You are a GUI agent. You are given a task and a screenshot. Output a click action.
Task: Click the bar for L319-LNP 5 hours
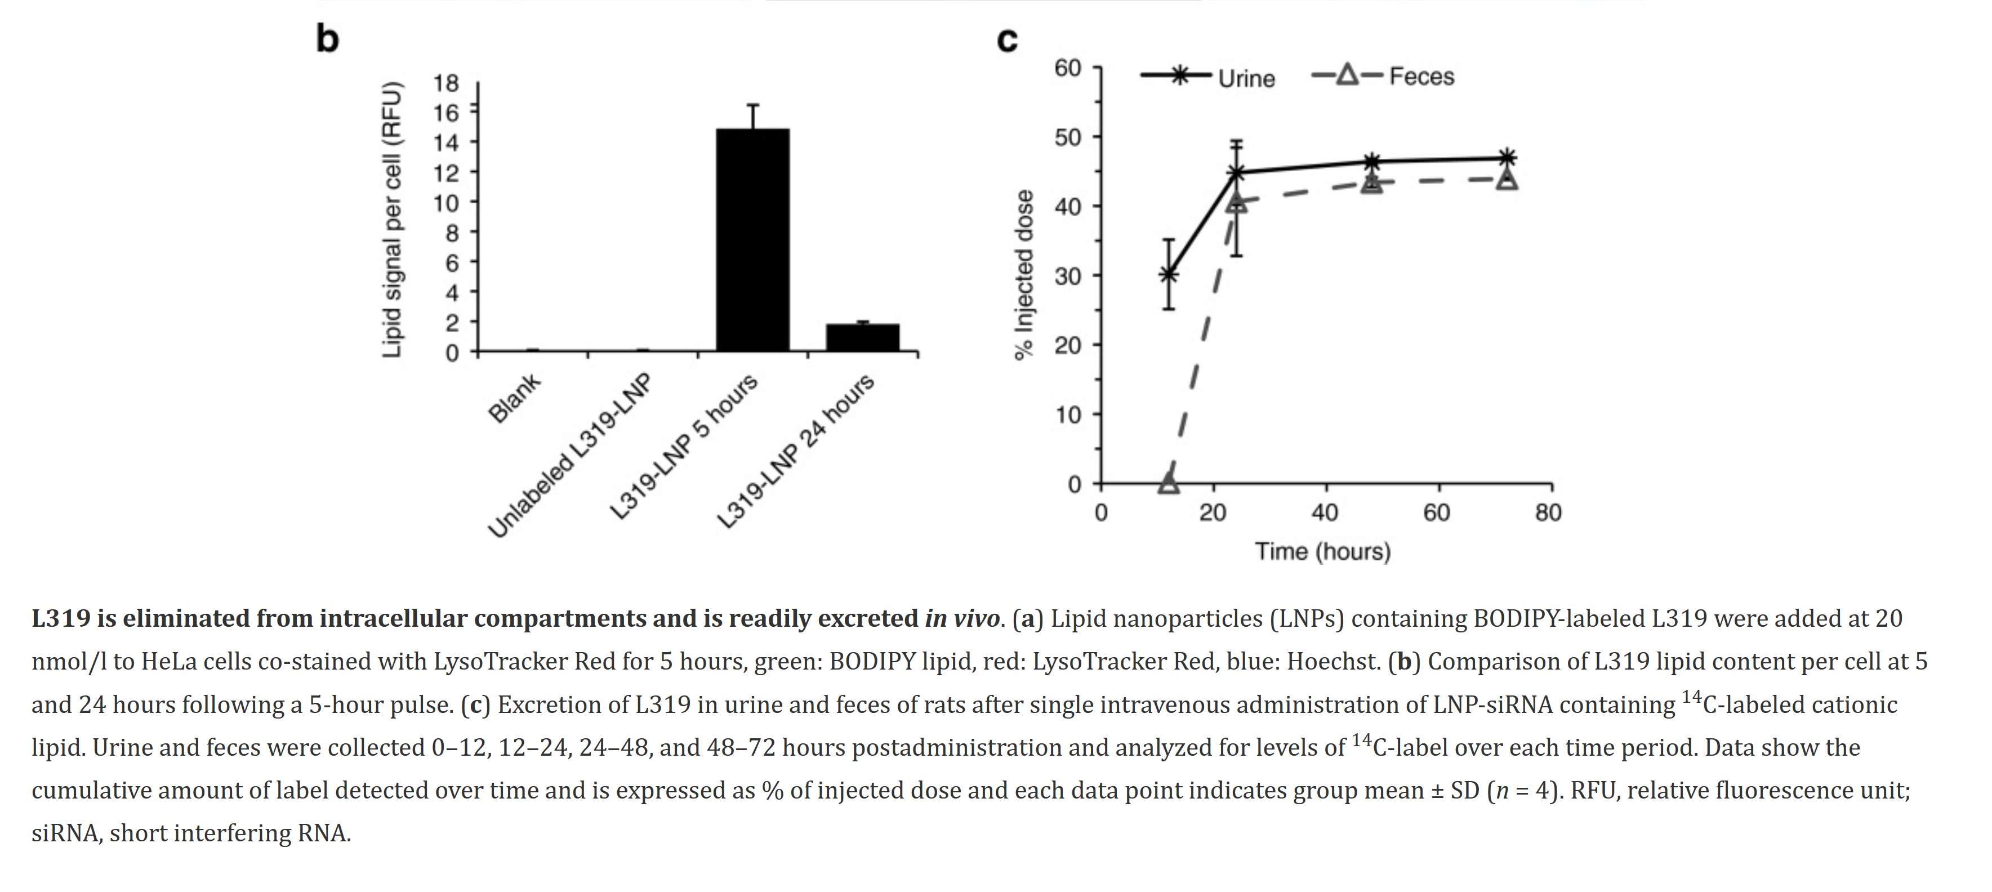752,240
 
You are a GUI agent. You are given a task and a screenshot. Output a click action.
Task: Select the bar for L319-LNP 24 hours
862,338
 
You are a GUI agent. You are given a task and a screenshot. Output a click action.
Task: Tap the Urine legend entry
1208,77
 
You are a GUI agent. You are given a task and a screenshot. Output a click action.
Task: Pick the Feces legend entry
1384,76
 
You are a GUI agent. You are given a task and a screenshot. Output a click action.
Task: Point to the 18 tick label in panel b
446,83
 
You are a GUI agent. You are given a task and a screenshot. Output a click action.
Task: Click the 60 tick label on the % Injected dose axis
1067,68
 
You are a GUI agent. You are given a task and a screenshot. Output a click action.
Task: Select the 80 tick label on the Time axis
1548,512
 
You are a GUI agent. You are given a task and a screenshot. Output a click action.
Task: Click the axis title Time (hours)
1322,552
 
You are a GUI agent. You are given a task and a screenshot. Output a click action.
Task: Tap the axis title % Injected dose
1024,274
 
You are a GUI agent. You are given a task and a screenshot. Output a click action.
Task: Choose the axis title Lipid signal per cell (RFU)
392,220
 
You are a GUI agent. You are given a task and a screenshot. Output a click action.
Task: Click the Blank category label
515,398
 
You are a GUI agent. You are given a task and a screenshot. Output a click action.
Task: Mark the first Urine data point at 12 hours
1169,274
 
